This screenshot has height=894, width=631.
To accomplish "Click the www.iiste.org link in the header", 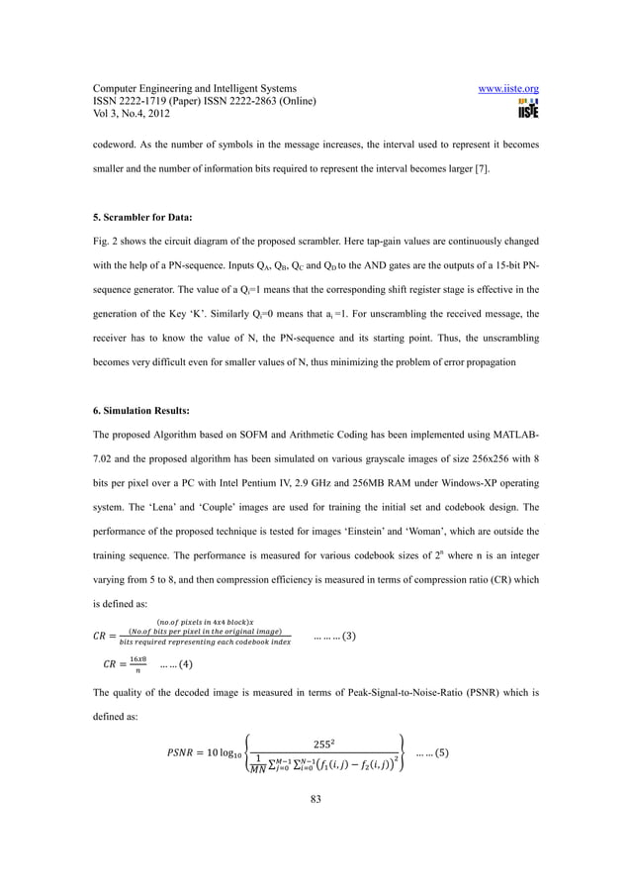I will click(x=508, y=88).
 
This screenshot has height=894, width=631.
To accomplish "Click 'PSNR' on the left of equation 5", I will click(x=173, y=754).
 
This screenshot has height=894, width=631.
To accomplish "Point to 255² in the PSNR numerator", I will click(x=325, y=742).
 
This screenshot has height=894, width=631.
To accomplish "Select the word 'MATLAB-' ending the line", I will click(x=508, y=446).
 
